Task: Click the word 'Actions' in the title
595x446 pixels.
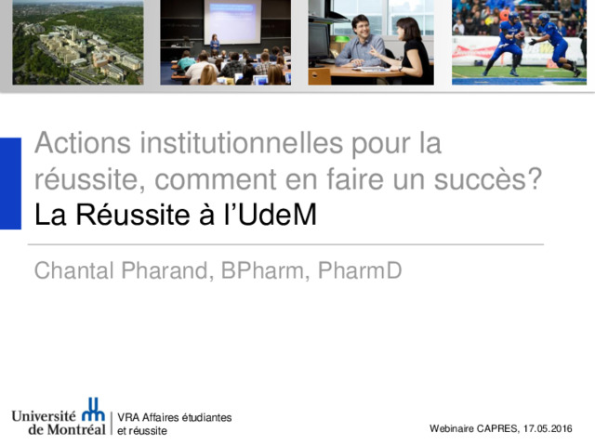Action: point(83,143)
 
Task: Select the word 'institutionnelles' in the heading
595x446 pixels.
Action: point(242,143)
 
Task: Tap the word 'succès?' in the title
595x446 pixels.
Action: point(487,179)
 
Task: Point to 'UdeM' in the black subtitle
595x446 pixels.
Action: point(277,215)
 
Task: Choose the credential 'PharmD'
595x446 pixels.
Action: point(360,270)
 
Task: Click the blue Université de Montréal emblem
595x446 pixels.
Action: point(93,409)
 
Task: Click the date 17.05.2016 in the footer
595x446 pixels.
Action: point(548,428)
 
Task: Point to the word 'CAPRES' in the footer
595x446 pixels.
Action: point(497,428)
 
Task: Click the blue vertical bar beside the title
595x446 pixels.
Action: point(10,184)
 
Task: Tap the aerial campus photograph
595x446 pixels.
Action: point(78,42)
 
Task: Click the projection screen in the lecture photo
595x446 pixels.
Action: point(232,20)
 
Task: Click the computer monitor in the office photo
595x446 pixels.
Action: point(319,41)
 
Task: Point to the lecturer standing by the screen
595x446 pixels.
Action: point(215,44)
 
